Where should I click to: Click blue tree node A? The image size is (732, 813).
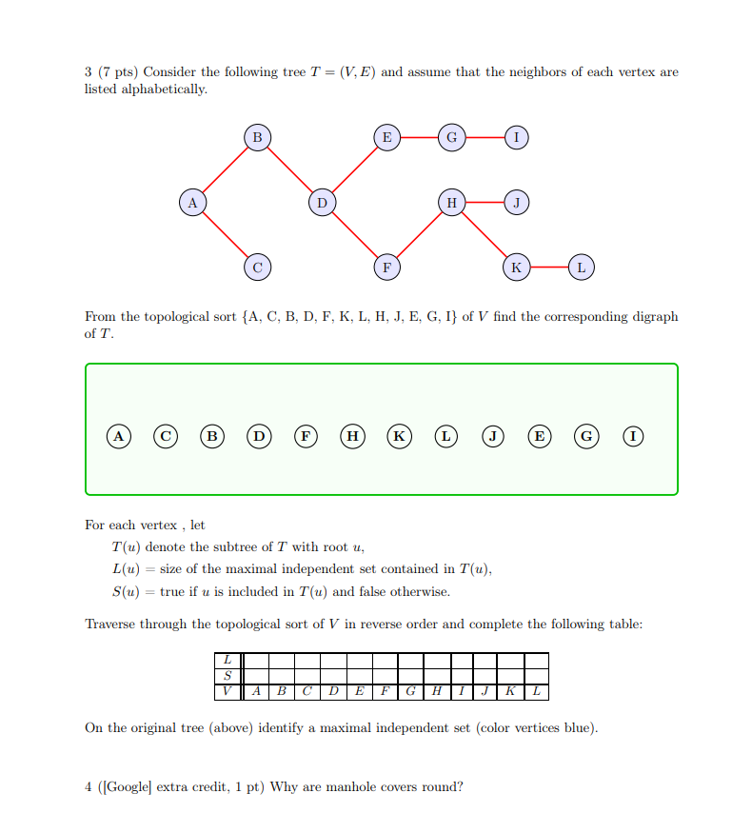pyautogui.click(x=192, y=203)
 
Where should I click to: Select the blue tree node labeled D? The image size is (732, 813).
pyautogui.click(x=322, y=203)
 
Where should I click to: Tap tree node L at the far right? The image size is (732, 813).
pyautogui.click(x=581, y=268)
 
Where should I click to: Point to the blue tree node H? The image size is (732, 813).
pyautogui.click(x=451, y=203)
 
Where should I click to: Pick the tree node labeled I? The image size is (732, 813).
pyautogui.click(x=516, y=138)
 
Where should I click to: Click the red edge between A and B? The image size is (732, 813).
pyautogui.click(x=225, y=170)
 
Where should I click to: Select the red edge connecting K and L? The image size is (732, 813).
pyautogui.click(x=548, y=268)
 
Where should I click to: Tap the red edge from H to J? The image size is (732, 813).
pyautogui.click(x=484, y=203)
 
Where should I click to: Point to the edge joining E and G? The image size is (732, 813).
pyautogui.click(x=419, y=138)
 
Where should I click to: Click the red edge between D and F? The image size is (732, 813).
pyautogui.click(x=354, y=235)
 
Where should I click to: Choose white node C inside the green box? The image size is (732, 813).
pyautogui.click(x=167, y=436)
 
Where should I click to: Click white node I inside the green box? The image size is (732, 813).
pyautogui.click(x=632, y=436)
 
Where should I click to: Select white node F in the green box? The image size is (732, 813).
pyautogui.click(x=306, y=436)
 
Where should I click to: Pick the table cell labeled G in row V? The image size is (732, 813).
pyautogui.click(x=409, y=690)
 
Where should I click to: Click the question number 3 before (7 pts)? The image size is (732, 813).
pyautogui.click(x=88, y=72)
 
